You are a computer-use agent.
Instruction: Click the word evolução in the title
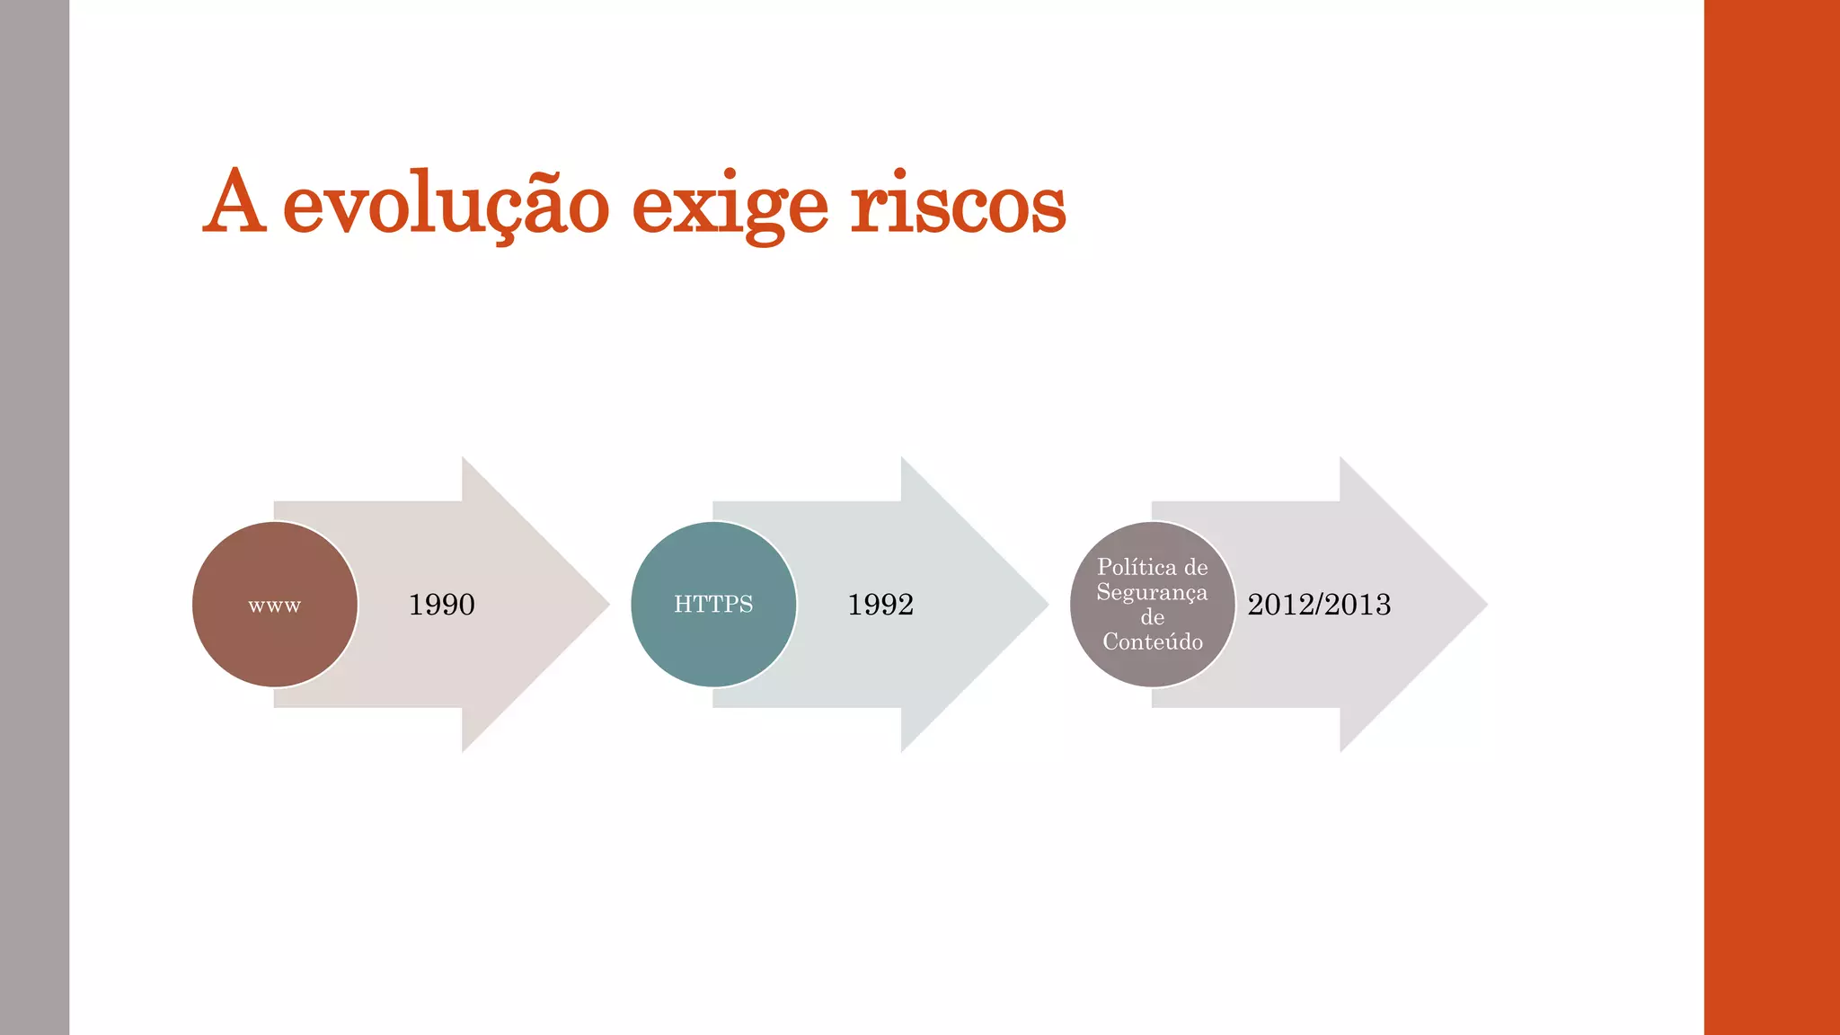pos(447,205)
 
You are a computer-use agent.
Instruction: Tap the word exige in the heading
pos(730,205)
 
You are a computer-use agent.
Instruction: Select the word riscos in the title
pos(958,205)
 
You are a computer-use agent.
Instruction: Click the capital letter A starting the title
pos(234,203)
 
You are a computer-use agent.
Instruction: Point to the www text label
pos(275,606)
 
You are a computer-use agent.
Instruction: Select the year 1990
pos(441,605)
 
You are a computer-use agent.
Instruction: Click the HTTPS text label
pos(713,605)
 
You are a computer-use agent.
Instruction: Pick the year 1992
pos(880,605)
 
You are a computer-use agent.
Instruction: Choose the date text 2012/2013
pos(1319,605)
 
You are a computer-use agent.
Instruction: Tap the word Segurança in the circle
pos(1152,592)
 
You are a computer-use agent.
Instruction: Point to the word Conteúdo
pos(1153,641)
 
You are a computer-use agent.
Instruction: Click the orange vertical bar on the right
pos(1772,517)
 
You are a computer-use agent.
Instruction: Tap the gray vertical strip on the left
pos(34,517)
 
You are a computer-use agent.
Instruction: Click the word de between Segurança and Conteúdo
pos(1153,617)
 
